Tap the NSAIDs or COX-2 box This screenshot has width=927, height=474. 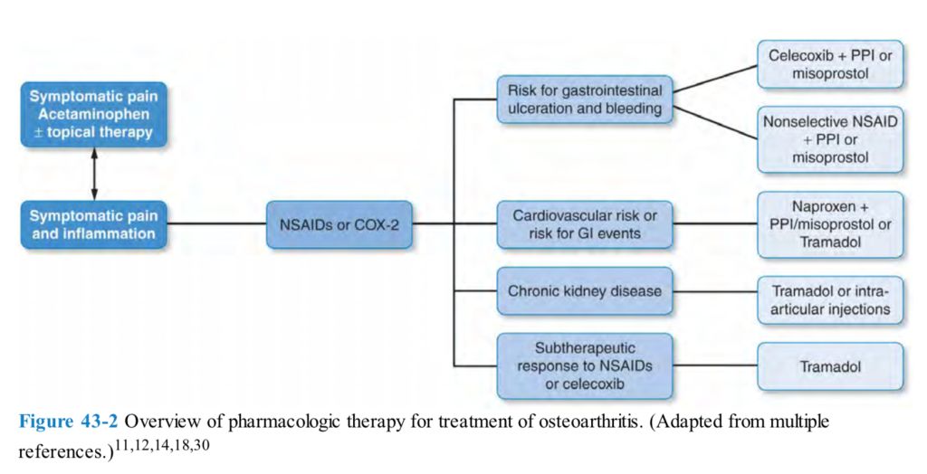pyautogui.click(x=339, y=224)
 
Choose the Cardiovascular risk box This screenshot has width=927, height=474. pyautogui.click(x=584, y=225)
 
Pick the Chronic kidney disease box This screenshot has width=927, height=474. pyautogui.click(x=584, y=292)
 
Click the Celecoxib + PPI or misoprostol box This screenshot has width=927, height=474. pyautogui.click(x=830, y=64)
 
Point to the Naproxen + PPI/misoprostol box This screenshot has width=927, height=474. pyautogui.click(x=830, y=224)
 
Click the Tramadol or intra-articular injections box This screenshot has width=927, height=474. pyautogui.click(x=830, y=300)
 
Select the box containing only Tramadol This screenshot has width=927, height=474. pyautogui.click(x=830, y=367)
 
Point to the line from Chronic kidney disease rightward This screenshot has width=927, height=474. pyautogui.click(x=715, y=292)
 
